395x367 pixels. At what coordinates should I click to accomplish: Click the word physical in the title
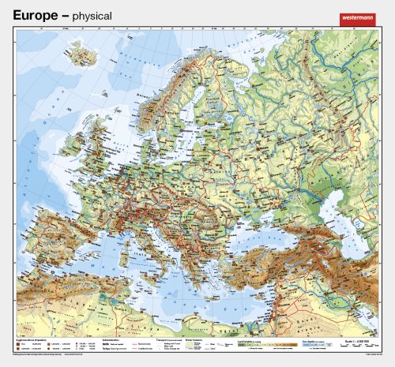pyautogui.click(x=91, y=16)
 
